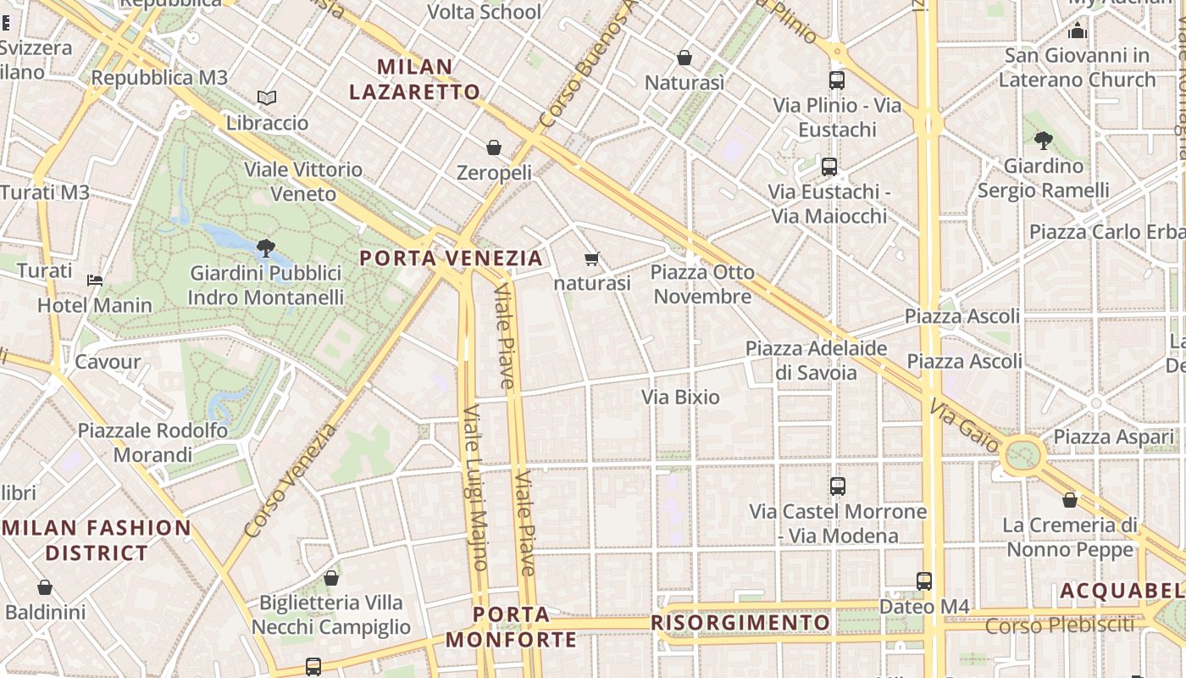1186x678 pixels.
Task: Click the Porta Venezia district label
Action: [x=451, y=258]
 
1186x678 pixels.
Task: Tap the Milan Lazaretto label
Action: [x=415, y=79]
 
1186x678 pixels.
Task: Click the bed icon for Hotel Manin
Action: [x=95, y=281]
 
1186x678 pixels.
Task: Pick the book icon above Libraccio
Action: [x=267, y=98]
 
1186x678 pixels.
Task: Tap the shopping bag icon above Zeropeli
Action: [x=494, y=148]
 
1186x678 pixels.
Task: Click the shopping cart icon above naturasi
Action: [x=592, y=258]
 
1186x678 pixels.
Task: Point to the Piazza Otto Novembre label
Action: [x=702, y=285]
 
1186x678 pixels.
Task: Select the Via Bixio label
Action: [x=680, y=397]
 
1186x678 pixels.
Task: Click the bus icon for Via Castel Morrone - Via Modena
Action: [x=838, y=486]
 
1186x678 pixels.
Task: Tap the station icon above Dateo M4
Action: [x=923, y=581]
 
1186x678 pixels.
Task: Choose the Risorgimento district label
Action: [x=740, y=623]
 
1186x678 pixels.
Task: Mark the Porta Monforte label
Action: [x=511, y=626]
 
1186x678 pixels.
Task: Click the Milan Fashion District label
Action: [x=97, y=540]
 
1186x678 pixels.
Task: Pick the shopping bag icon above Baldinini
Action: [x=45, y=587]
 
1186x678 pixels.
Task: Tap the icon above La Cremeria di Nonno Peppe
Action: [x=1070, y=500]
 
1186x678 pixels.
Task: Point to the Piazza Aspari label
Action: [x=1106, y=436]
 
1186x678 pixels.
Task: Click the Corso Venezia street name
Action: [x=291, y=480]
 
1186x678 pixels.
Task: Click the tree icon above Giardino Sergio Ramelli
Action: [x=1043, y=141]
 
